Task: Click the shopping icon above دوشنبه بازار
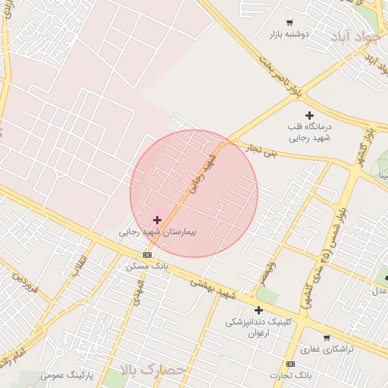pyautogui.click(x=289, y=23)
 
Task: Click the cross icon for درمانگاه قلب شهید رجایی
pyautogui.click(x=308, y=115)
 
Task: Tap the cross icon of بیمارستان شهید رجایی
pyautogui.click(x=157, y=220)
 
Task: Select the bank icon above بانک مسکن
pyautogui.click(x=147, y=255)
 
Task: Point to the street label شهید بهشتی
pyautogui.click(x=213, y=286)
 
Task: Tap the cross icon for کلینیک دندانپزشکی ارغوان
pyautogui.click(x=258, y=310)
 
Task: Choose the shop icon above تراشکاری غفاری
pyautogui.click(x=326, y=337)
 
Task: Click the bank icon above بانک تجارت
pyautogui.click(x=291, y=364)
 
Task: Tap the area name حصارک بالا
pyautogui.click(x=152, y=370)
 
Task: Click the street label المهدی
pyautogui.click(x=136, y=290)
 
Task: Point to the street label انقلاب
pyautogui.click(x=79, y=267)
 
